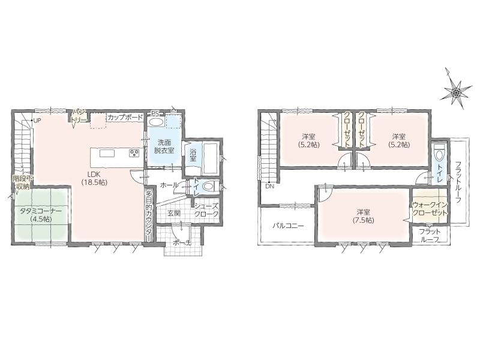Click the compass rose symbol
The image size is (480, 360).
[x=455, y=89]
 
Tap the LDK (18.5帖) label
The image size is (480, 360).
[x=94, y=178]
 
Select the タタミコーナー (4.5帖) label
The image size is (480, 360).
[x=41, y=215]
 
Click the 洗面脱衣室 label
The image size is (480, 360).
[x=164, y=146]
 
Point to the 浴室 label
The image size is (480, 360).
[x=193, y=155]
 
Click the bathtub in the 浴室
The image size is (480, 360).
[x=210, y=158]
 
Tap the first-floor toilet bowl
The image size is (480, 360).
[x=209, y=186]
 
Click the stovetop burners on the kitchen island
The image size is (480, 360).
[x=134, y=153]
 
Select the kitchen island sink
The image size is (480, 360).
[x=107, y=153]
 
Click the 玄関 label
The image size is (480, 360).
[x=173, y=214]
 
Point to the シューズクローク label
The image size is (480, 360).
[x=206, y=210]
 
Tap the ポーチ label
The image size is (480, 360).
[x=182, y=243]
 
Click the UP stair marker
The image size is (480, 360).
[x=37, y=121]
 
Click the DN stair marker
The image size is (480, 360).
[x=269, y=185]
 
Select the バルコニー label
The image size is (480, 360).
[x=288, y=226]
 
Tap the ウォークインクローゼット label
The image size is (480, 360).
[x=430, y=209]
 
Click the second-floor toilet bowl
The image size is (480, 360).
[x=439, y=153]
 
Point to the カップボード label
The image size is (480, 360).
[x=125, y=117]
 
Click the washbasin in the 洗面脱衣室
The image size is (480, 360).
[x=156, y=122]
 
